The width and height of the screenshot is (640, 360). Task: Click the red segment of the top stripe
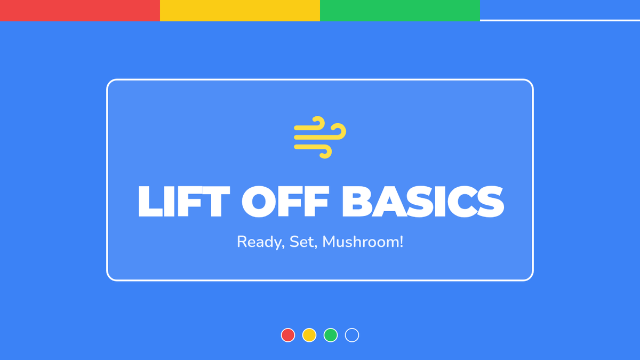click(80, 11)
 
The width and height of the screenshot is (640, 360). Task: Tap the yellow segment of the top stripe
click(240, 11)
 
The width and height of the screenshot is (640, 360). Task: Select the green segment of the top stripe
click(400, 11)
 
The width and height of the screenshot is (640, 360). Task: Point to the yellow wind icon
click(320, 137)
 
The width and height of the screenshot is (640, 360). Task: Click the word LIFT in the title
click(184, 202)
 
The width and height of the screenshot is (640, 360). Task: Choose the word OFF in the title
click(285, 202)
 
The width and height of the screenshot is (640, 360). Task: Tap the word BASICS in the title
click(423, 202)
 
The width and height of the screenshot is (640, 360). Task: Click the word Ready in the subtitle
click(260, 242)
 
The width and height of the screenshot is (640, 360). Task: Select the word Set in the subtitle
click(302, 242)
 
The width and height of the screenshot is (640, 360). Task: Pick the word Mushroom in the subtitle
click(361, 242)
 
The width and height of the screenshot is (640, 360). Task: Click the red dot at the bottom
click(288, 335)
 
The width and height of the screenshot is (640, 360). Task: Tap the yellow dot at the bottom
click(309, 335)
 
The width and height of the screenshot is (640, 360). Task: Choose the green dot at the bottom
click(331, 335)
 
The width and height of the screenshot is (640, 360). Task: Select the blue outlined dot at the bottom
click(352, 329)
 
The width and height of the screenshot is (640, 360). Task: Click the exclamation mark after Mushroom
click(402, 242)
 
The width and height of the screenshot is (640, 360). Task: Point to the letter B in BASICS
click(357, 202)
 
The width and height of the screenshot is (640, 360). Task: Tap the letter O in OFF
click(258, 202)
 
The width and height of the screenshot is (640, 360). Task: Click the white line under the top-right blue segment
click(560, 20)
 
